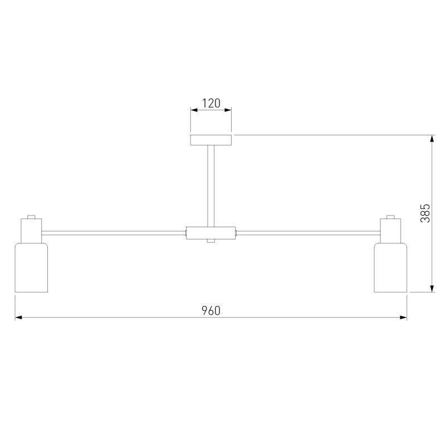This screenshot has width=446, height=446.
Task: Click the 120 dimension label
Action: tap(211, 103)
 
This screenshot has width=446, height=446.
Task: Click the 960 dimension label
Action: tap(211, 311)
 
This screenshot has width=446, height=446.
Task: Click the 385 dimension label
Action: tap(425, 213)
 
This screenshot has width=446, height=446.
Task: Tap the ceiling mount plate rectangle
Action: tap(211, 140)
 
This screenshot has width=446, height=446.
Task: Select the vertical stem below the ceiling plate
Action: tap(211, 186)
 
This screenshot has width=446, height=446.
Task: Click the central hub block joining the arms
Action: tap(211, 233)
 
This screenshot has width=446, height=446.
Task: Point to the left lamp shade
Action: tap(31, 267)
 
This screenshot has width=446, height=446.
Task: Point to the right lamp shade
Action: tap(390, 267)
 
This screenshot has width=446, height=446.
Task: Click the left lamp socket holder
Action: tap(31, 231)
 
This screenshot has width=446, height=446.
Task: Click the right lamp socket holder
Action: tap(390, 231)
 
